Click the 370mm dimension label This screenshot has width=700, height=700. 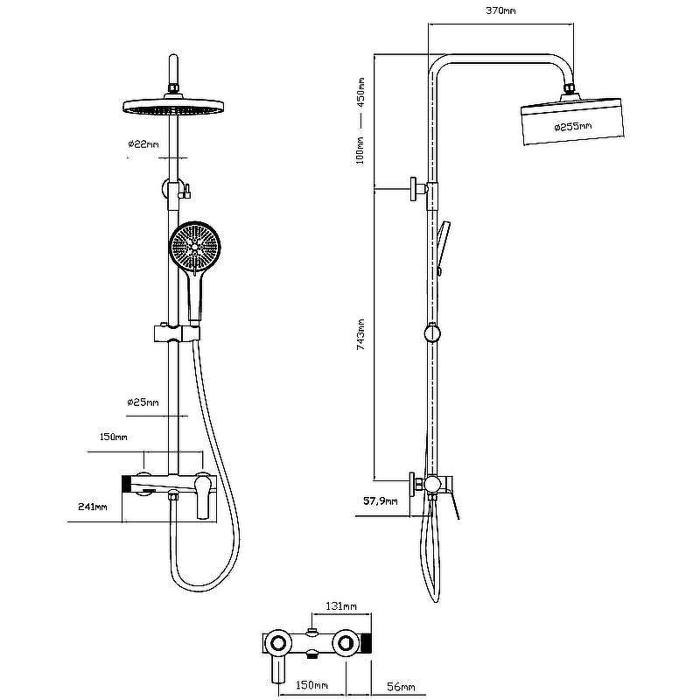pos(500,10)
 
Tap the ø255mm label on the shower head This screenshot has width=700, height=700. pos(573,126)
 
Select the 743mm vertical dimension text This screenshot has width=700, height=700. pos(360,334)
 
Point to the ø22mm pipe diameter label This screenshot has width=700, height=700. pos(143,144)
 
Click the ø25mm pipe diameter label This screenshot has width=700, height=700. pos(143,402)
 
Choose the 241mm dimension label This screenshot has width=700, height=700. pos(93,507)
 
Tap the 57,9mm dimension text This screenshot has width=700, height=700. pos(380,500)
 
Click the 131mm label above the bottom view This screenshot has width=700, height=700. pos(341,606)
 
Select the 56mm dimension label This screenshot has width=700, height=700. pos(401,687)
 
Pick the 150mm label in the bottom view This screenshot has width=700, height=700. pos(312,685)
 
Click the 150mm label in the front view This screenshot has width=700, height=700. pos(113,437)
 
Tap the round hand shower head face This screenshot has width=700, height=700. pos(194,246)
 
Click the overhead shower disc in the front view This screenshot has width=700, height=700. pos(173,106)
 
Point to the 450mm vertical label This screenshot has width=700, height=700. pos(360,92)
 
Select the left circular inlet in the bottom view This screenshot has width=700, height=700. pos(278,643)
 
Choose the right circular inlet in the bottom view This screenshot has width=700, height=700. pos(345,643)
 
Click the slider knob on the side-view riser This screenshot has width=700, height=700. pos(431,332)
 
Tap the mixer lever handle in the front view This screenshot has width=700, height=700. pos(203,496)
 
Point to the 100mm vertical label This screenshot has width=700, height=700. pos(360,150)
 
